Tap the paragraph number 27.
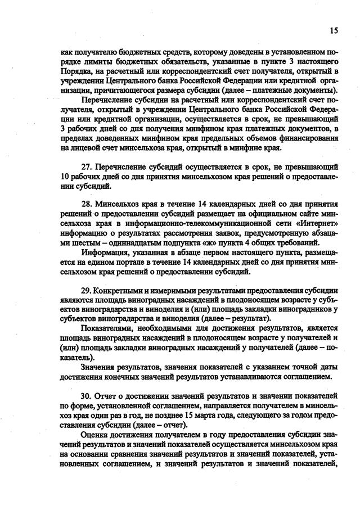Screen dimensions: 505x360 88,168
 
